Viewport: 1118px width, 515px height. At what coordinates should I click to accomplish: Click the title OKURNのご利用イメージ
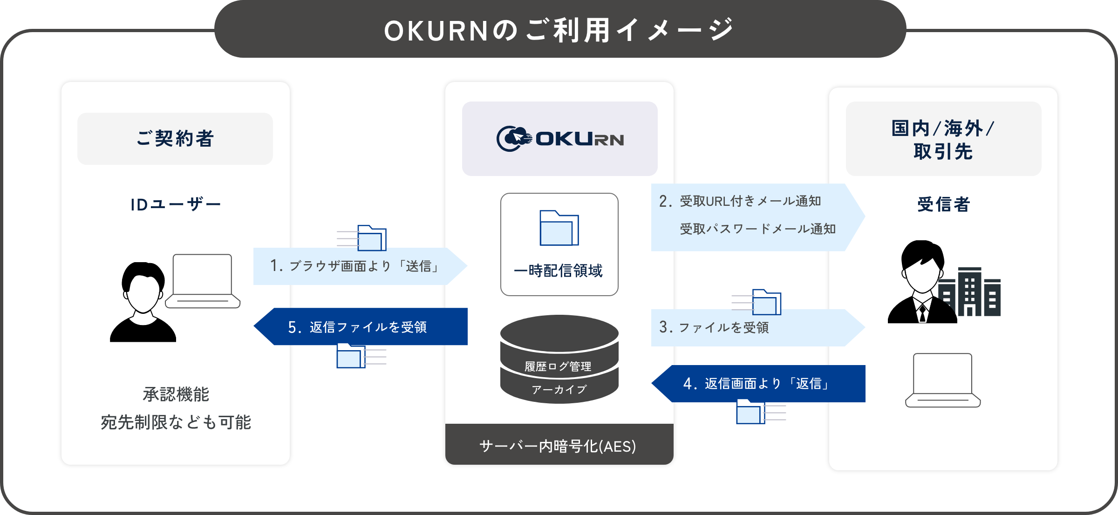tap(559, 31)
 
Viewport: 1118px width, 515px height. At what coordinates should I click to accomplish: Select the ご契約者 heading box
tap(175, 139)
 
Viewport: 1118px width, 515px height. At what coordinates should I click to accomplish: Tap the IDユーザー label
tap(176, 204)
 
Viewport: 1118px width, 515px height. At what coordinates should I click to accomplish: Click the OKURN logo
tap(560, 139)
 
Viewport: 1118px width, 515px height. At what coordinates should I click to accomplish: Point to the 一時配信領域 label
tap(559, 271)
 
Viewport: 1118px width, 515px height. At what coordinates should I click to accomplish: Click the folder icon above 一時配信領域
tap(559, 228)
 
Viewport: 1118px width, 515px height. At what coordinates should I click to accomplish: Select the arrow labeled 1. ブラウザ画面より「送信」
tap(359, 266)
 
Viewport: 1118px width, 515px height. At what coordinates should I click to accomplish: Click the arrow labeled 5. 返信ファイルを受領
tap(361, 327)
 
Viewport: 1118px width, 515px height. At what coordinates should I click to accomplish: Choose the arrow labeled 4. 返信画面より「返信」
tap(759, 384)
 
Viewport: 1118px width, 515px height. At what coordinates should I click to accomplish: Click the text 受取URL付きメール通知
tap(750, 201)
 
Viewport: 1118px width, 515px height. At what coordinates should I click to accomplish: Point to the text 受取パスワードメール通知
tap(757, 229)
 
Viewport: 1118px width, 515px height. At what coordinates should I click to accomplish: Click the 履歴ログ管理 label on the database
tap(558, 366)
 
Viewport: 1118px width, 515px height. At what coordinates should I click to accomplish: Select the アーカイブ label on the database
tap(559, 389)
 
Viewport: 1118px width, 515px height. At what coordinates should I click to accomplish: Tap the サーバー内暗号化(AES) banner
tap(559, 446)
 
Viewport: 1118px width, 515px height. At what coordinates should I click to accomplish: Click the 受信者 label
tap(943, 204)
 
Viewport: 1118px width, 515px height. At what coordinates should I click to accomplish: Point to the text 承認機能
tap(176, 394)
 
